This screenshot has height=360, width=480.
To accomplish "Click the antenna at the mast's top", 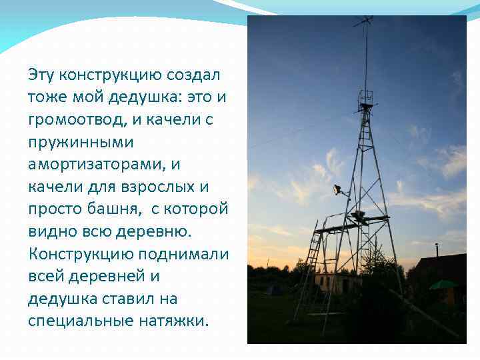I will click(363, 24).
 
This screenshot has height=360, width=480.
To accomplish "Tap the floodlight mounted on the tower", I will click(339, 190).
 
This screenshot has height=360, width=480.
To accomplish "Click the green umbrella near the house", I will click(442, 285).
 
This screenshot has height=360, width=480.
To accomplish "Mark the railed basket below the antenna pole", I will click(365, 100).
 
